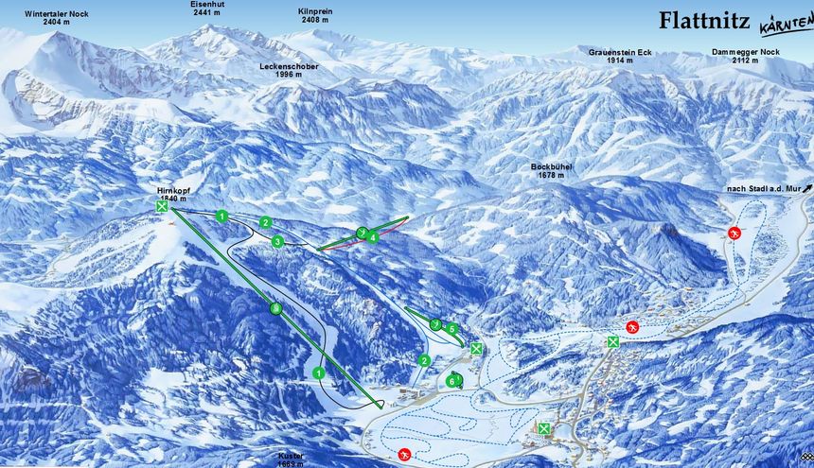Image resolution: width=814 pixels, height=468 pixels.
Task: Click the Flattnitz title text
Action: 704,20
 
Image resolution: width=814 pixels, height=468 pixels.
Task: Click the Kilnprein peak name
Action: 315,16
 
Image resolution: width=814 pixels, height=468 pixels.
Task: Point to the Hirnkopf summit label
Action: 171,194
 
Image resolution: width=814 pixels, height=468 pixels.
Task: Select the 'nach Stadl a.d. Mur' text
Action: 762,189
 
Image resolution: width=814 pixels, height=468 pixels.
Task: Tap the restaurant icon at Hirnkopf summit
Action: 163,206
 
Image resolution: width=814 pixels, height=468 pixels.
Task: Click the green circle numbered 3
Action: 277,242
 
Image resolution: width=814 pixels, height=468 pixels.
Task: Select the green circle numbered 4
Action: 373,238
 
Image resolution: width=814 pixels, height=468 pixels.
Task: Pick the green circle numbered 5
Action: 452,329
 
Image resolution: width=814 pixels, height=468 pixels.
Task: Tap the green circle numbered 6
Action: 452,380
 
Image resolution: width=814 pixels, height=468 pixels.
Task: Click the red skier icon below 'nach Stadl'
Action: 733,233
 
